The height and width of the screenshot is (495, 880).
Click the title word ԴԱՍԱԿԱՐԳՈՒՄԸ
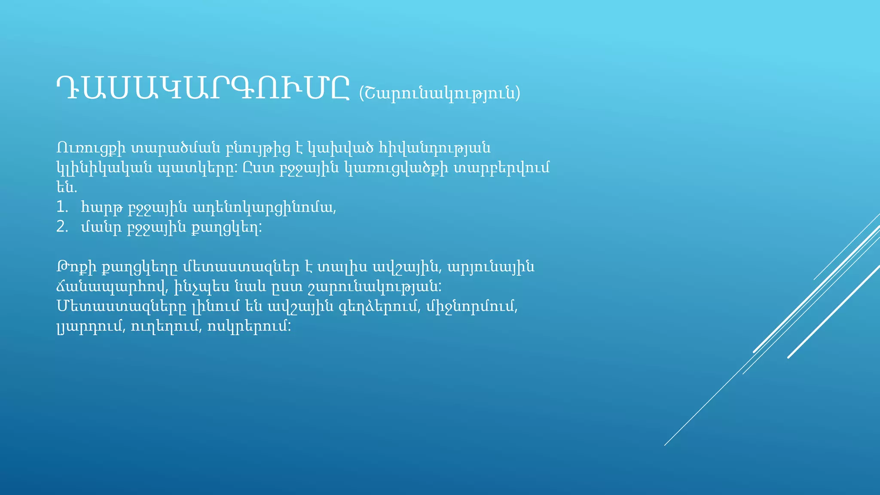[x=203, y=89]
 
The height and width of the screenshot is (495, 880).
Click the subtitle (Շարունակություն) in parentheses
[x=439, y=93]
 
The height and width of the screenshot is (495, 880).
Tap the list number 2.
[x=62, y=227]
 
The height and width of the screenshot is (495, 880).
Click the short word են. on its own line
[x=66, y=188]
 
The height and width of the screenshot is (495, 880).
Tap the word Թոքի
[x=74, y=267]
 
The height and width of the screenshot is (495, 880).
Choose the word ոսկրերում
[x=249, y=327]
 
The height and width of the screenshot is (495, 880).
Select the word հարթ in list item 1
[x=102, y=208]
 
